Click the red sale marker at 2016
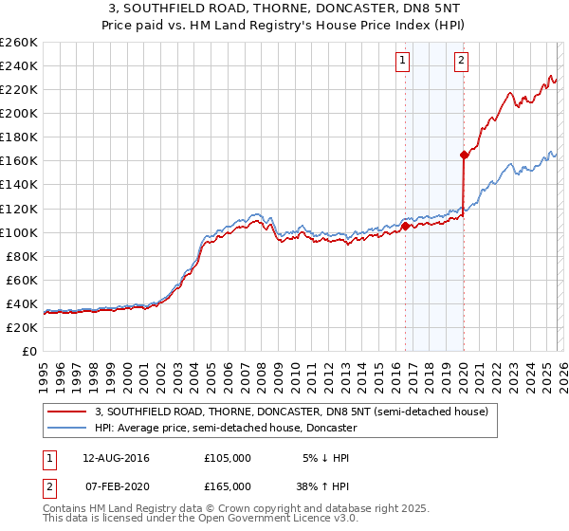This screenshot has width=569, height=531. (405, 226)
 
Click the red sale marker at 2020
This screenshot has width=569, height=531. (464, 155)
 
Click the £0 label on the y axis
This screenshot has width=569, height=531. (28, 351)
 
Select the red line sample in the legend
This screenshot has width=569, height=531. (67, 412)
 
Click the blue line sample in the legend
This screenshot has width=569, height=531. (67, 429)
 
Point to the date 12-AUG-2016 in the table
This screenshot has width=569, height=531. (116, 458)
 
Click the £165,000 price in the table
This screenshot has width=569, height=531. (228, 486)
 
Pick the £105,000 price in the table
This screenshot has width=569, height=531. (228, 458)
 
